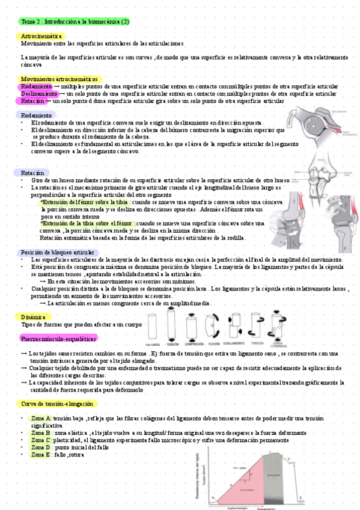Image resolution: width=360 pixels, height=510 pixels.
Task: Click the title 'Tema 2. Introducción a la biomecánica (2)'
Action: point(75,22)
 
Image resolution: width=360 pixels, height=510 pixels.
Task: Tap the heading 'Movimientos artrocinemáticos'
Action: point(59,79)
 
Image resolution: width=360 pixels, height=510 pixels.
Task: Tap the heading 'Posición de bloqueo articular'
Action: point(57,252)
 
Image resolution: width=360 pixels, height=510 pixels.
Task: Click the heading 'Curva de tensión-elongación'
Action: point(58,404)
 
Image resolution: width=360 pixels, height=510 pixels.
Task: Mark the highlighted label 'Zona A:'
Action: point(41,418)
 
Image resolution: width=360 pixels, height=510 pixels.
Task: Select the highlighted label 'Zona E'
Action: point(40,455)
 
